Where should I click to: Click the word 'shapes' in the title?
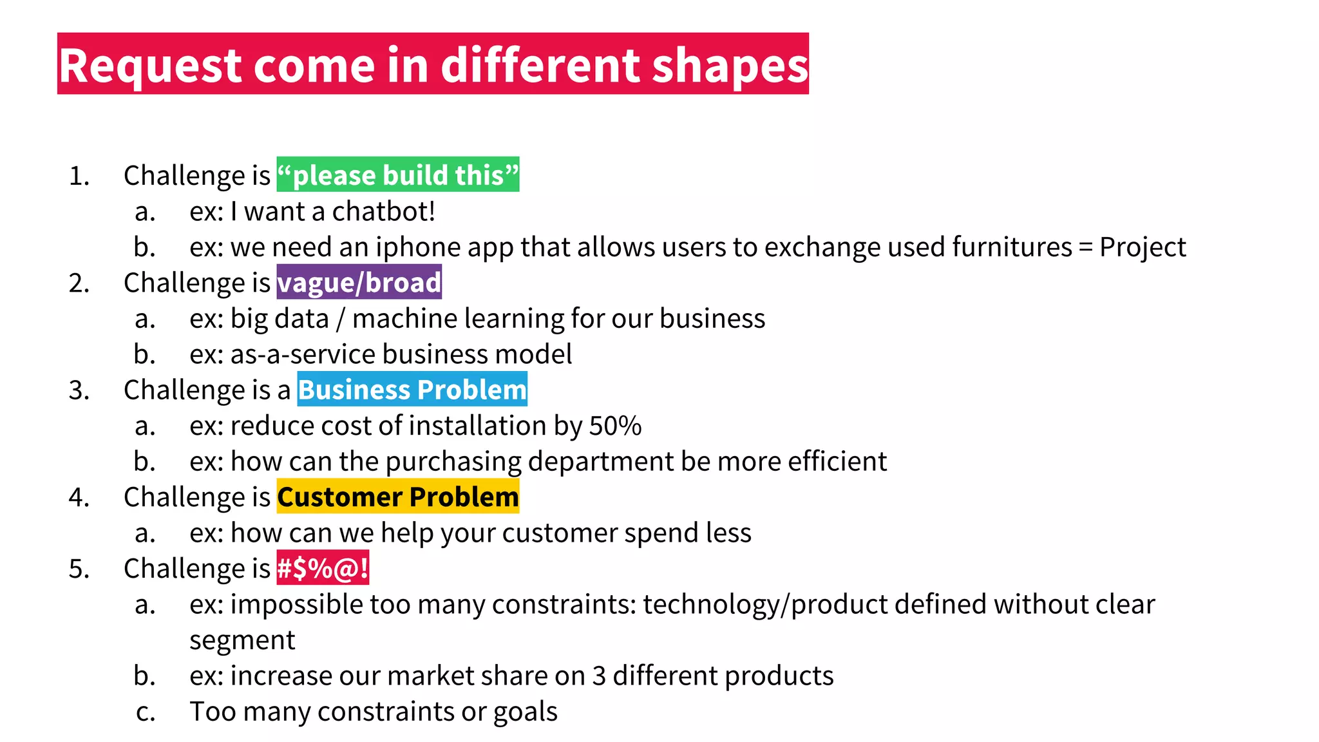point(730,66)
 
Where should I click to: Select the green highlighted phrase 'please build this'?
point(398,175)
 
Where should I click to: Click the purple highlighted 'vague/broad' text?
point(359,283)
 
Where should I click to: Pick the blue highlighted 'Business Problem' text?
point(412,390)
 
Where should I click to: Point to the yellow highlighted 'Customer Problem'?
point(397,497)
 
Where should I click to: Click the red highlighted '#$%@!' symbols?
point(323,568)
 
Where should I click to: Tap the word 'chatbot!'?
point(384,211)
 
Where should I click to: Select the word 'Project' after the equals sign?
point(1142,247)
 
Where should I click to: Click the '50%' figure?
point(615,426)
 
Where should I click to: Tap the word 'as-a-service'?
point(303,354)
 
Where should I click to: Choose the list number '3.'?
point(79,390)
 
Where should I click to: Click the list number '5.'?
point(79,569)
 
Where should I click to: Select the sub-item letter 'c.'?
point(146,712)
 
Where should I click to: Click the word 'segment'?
point(242,640)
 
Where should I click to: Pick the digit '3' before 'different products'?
point(599,676)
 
